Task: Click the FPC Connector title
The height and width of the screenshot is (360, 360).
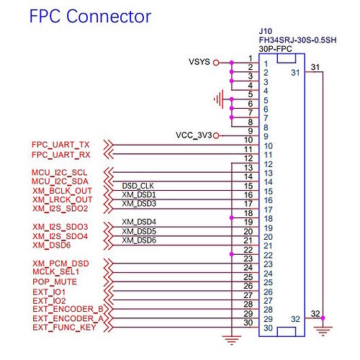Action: click(x=90, y=17)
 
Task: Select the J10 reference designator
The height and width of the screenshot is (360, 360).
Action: click(x=266, y=31)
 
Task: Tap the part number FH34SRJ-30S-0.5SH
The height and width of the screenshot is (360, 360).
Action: click(x=297, y=40)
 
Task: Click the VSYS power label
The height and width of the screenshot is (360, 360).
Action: click(x=199, y=62)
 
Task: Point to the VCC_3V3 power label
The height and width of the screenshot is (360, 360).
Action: click(x=194, y=135)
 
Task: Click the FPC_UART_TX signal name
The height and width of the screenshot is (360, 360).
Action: click(x=60, y=145)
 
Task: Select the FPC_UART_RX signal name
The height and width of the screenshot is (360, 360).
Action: click(x=61, y=155)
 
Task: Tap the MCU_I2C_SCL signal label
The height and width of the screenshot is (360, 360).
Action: click(x=59, y=172)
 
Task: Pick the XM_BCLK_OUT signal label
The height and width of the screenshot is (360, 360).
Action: click(x=62, y=191)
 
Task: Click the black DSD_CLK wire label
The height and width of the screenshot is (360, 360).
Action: click(x=138, y=186)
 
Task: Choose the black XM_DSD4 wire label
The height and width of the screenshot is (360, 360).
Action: click(x=139, y=222)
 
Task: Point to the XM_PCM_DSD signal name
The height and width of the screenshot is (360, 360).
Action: click(x=60, y=264)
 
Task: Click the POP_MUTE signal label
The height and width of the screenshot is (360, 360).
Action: click(x=55, y=282)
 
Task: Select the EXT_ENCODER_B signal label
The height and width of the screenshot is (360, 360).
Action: click(x=68, y=309)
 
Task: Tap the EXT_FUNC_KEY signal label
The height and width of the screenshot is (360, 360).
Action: click(x=64, y=328)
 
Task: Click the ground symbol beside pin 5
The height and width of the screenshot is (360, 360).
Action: click(x=219, y=99)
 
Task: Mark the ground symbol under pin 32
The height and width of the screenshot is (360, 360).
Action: click(x=323, y=330)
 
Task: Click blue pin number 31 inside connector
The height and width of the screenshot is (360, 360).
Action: click(x=295, y=73)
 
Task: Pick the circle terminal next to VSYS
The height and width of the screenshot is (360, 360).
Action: click(x=216, y=63)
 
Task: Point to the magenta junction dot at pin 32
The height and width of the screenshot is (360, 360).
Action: click(x=323, y=318)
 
